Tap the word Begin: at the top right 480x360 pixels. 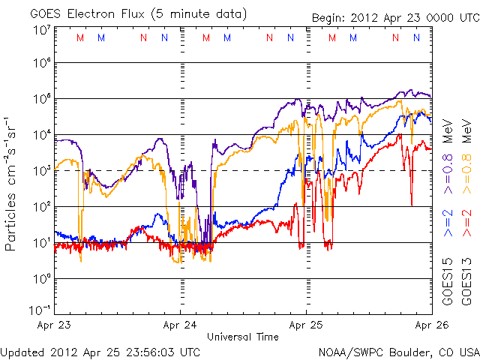click(x=328, y=19)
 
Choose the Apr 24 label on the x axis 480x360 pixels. click(x=179, y=325)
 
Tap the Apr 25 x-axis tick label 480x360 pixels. click(x=306, y=325)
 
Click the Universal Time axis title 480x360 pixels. click(x=243, y=337)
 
